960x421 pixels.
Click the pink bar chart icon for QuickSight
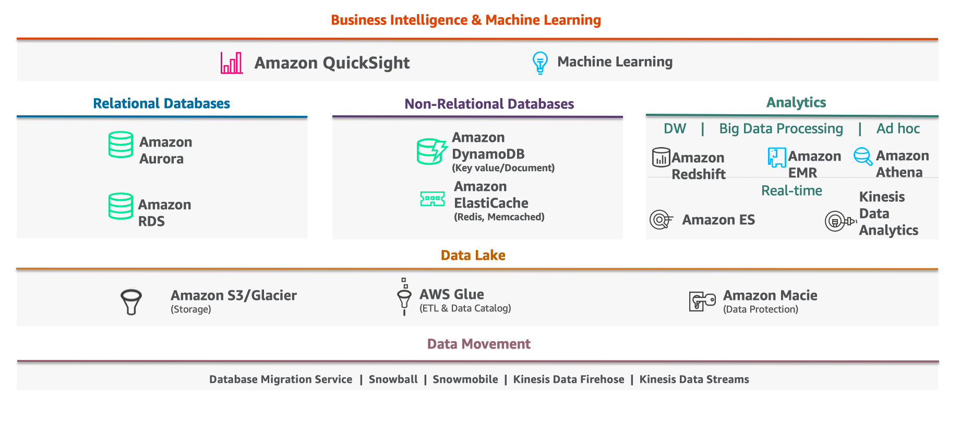click(232, 63)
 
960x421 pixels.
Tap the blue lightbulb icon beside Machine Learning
click(539, 63)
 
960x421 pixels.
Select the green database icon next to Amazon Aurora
click(121, 145)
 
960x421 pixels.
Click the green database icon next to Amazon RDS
click(121, 206)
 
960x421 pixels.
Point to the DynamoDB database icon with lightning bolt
click(431, 151)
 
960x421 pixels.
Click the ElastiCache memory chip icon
click(433, 199)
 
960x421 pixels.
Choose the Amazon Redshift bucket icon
click(661, 157)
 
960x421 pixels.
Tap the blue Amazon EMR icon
click(776, 157)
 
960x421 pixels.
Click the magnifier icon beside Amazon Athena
click(863, 156)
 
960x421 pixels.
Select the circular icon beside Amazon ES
click(661, 220)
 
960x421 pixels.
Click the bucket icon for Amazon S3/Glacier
click(131, 302)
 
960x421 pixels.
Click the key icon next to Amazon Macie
click(702, 301)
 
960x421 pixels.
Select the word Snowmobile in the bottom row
click(465, 379)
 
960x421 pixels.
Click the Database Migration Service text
click(281, 379)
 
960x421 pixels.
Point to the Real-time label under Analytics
click(791, 190)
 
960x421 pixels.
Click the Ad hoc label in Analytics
click(897, 129)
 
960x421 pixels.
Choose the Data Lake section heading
click(473, 255)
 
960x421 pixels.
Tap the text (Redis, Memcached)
click(499, 217)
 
